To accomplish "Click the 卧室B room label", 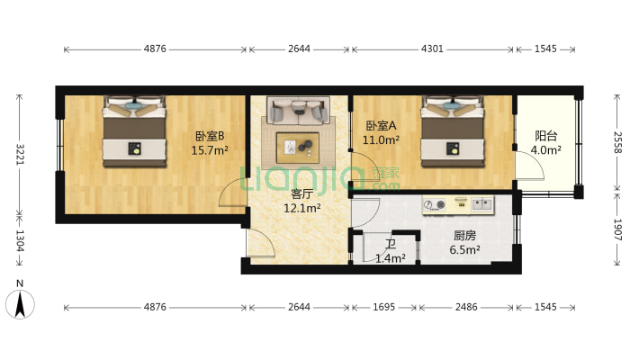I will (x=209, y=136).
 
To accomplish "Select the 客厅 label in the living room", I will (x=301, y=193).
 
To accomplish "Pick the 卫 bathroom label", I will (x=391, y=244).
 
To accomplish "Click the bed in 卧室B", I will (x=134, y=131).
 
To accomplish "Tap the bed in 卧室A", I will (x=453, y=131).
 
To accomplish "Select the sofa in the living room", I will (x=297, y=112).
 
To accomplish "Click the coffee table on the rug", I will (x=297, y=144).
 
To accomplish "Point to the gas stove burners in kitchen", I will (x=436, y=205).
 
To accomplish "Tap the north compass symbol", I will (x=23, y=302).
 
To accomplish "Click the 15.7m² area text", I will (x=209, y=150).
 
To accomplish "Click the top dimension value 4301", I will (x=432, y=49).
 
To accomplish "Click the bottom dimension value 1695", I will (x=383, y=308).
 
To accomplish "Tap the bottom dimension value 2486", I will (x=465, y=308).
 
